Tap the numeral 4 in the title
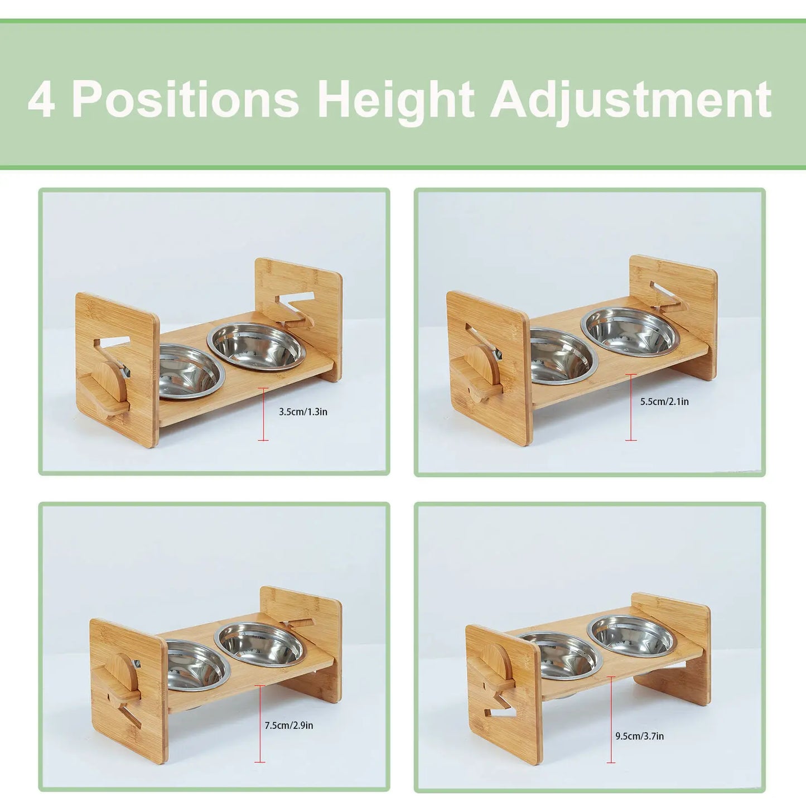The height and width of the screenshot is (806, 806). pos(41,100)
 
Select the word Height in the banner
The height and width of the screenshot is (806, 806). pos(395,100)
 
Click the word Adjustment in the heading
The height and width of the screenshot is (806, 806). pos(630,100)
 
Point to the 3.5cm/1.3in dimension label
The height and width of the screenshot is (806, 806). pos(303,412)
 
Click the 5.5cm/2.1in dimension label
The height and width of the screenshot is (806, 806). pos(664,402)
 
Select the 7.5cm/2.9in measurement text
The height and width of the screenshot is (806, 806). pos(288,725)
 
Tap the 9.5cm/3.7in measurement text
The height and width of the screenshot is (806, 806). pos(639,736)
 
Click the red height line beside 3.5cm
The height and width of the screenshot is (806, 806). pos(263,414)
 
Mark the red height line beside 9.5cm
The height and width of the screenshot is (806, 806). pos(611,720)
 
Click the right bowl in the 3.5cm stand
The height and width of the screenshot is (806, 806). pos(257,346)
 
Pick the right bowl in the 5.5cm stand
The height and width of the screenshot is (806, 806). pos(630,331)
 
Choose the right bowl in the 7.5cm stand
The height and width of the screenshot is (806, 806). pos(260,644)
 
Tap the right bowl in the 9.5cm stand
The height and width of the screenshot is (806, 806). pos(631,636)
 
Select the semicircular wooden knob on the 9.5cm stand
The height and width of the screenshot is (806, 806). pos(496,662)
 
